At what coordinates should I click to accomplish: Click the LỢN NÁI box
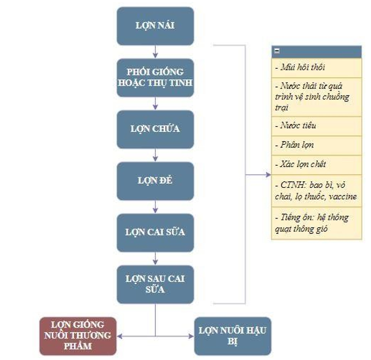point(155,26)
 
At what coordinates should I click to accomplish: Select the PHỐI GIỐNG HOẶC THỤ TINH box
point(155,77)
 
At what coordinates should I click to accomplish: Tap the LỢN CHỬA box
point(155,129)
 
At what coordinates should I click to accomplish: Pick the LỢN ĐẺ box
point(155,181)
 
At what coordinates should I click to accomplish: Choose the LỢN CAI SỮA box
point(155,233)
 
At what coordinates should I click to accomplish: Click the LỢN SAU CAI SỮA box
point(155,285)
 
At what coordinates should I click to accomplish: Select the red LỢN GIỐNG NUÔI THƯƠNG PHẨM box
point(78,336)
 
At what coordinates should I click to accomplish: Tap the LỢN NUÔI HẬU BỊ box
point(233,336)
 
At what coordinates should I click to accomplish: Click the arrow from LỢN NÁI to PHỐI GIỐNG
point(155,51)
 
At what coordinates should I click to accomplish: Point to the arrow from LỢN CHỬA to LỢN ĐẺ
point(155,155)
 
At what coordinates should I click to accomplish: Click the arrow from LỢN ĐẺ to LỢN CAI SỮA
point(155,207)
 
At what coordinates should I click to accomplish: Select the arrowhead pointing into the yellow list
point(268,175)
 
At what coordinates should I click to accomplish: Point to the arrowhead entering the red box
point(120,336)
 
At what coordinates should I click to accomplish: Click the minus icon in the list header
point(277,51)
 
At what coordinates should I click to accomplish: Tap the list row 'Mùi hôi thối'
point(316,68)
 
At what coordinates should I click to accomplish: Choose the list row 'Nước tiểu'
point(316,126)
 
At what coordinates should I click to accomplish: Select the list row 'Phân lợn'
point(316,146)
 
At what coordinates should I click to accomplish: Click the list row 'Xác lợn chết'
point(316,165)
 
